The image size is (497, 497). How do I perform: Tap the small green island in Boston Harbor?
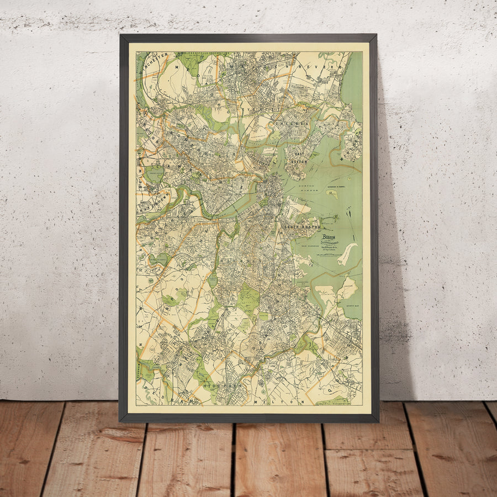pos(334,194)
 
